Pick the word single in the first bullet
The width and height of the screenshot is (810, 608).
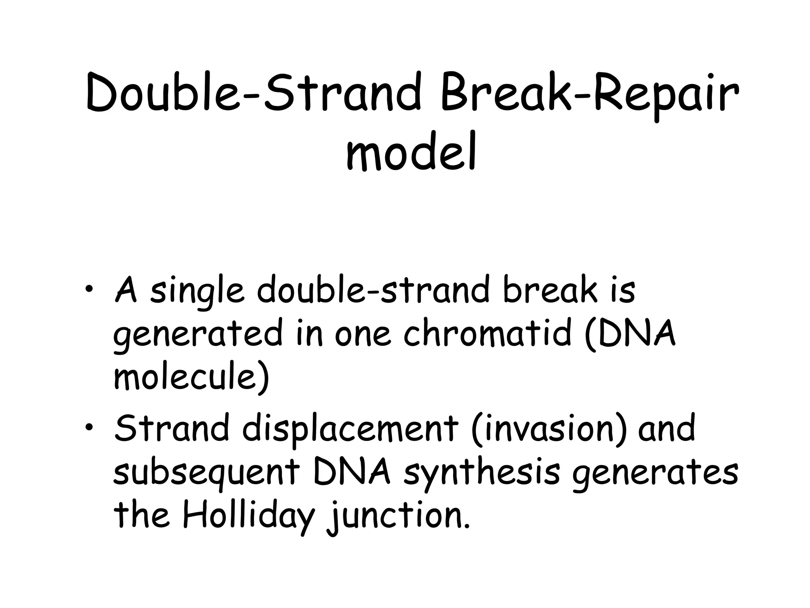[197, 293]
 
